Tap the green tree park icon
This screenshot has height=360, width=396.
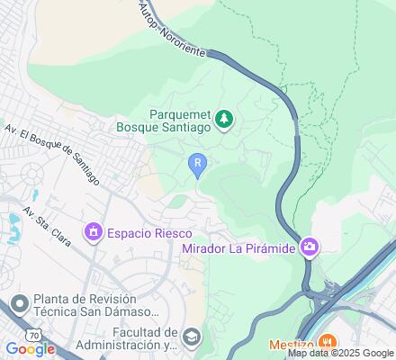[x=225, y=118]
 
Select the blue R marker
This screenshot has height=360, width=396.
[x=198, y=162]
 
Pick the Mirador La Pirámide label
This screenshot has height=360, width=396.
[x=239, y=248]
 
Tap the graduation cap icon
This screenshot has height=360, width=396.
[x=192, y=337]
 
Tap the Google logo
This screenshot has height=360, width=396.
[x=30, y=349]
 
